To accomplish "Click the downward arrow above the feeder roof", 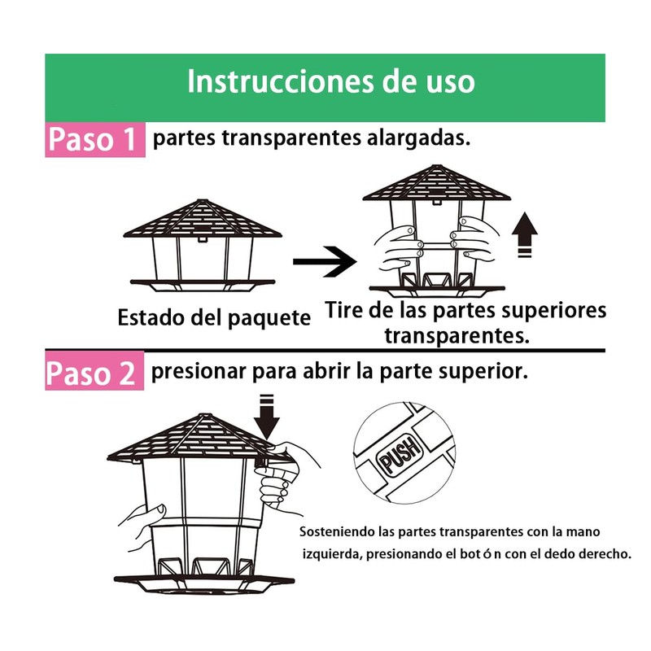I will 266,415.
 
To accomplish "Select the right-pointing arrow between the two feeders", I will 324,261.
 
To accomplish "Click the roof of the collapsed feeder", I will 201,218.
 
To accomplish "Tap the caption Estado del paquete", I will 214,317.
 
